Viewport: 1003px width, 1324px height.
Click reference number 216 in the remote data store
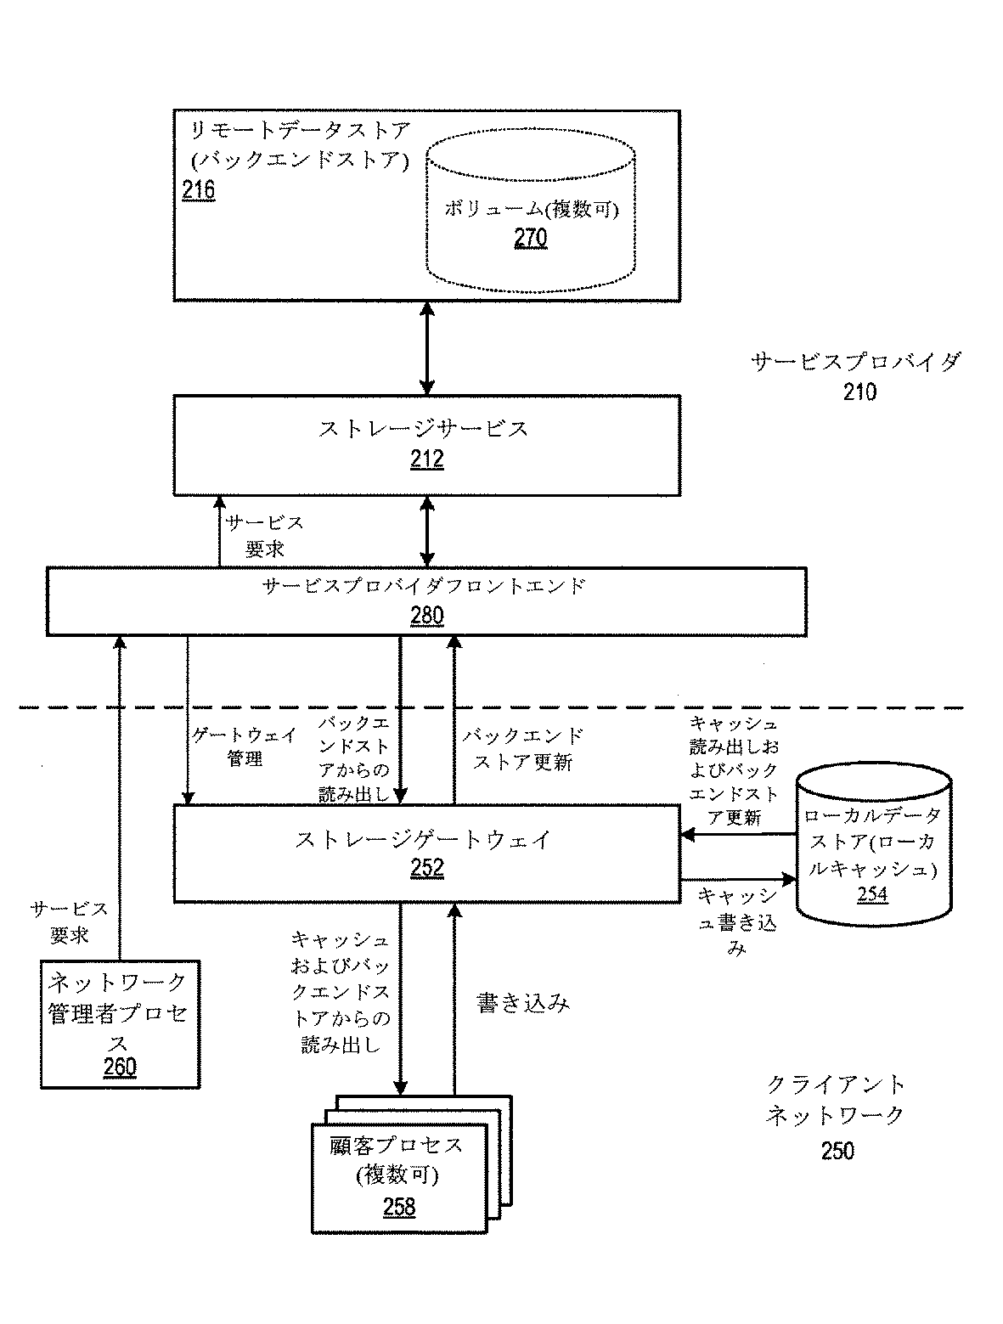198,189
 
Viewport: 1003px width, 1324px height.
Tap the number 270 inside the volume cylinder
530,239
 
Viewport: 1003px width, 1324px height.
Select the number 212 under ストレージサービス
427,459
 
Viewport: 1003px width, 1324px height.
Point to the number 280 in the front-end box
426,616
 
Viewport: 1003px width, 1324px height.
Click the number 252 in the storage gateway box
426,868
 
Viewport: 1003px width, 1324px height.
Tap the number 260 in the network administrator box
120,1067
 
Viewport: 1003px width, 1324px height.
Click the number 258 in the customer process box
399,1206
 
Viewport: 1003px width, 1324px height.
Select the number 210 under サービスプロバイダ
859,392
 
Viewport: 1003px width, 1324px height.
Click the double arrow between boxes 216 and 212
426,347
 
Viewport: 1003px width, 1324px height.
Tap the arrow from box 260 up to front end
120,798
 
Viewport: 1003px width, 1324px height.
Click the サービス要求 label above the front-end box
263,536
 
